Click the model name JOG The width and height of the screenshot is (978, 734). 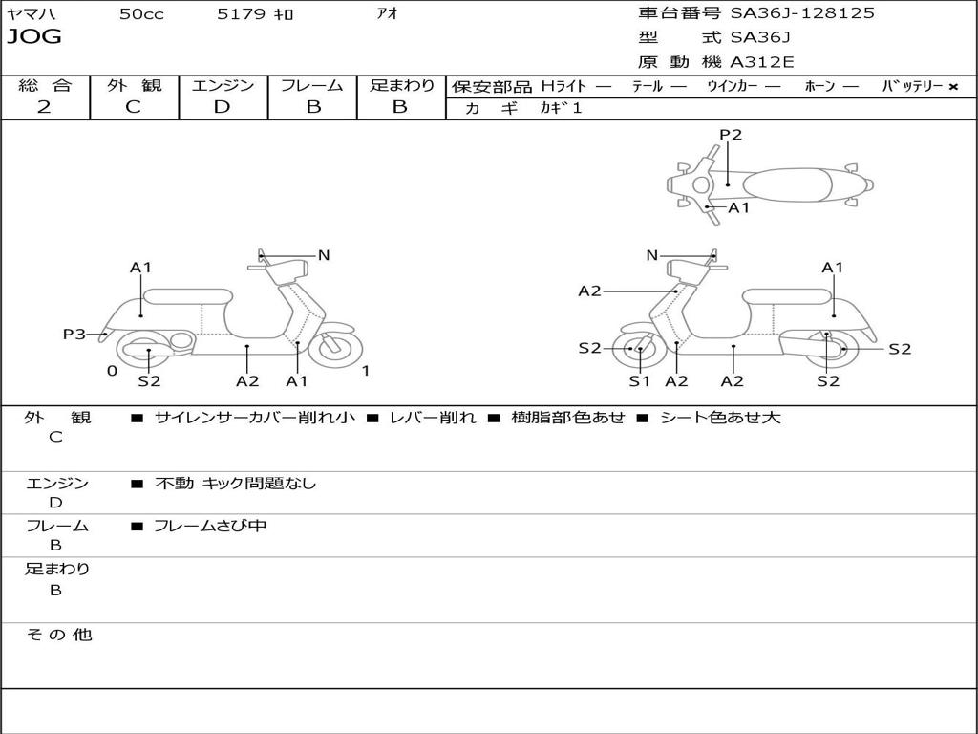click(34, 37)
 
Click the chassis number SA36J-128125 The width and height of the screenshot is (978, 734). click(802, 13)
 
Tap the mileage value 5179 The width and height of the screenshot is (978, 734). click(241, 13)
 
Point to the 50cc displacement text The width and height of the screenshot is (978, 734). click(141, 13)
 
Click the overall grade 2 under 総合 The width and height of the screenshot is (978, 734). click(44, 107)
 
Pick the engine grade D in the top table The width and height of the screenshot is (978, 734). click(222, 107)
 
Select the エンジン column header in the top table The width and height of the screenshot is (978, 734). click(223, 85)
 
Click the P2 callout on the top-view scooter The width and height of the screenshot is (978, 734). click(731, 135)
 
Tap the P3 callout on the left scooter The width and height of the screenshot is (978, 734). click(74, 334)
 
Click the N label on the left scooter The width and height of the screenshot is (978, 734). click(323, 255)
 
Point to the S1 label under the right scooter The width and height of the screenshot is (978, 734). click(639, 381)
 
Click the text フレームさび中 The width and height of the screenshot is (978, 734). click(210, 526)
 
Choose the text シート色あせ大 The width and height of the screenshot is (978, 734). click(720, 417)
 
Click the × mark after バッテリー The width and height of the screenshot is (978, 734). click(953, 87)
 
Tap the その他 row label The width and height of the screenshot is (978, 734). click(59, 635)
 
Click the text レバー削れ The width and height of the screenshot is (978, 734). click(433, 417)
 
